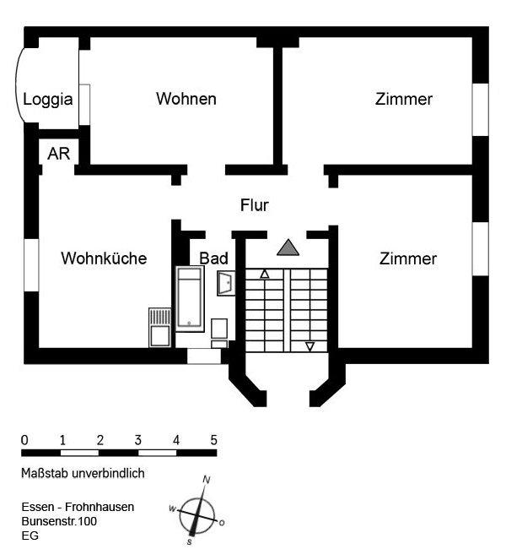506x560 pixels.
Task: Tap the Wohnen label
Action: (x=186, y=99)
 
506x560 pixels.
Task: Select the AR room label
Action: (x=58, y=154)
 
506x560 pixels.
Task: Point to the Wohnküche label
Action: (x=104, y=258)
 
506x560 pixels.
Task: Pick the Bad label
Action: (x=214, y=258)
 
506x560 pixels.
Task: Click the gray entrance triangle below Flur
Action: (x=288, y=247)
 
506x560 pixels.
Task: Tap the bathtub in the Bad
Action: (x=190, y=297)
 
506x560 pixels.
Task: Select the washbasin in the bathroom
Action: (x=226, y=283)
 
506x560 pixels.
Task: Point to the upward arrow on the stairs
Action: (x=265, y=274)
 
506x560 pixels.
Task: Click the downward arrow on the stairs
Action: (x=310, y=345)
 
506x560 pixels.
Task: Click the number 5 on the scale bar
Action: (x=213, y=440)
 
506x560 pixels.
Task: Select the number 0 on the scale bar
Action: (x=24, y=440)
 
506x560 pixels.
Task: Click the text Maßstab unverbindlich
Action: (x=83, y=474)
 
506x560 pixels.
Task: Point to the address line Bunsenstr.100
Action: (x=59, y=522)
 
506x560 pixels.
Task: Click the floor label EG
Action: (x=30, y=536)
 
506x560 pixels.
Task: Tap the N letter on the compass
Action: (x=206, y=480)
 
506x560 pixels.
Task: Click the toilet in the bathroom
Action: (x=220, y=330)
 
